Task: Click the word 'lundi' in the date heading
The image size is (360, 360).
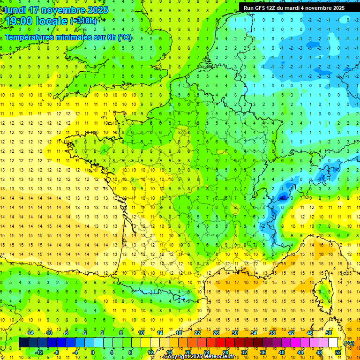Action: click(x=15, y=10)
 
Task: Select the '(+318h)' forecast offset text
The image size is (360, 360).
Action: click(x=85, y=21)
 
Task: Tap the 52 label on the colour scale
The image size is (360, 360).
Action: click(x=338, y=352)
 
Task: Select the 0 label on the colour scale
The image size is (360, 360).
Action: click(x=93, y=352)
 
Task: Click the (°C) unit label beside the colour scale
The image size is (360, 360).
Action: click(x=349, y=343)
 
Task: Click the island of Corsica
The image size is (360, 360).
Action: click(x=322, y=291)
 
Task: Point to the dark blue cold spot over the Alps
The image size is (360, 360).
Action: click(x=283, y=197)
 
